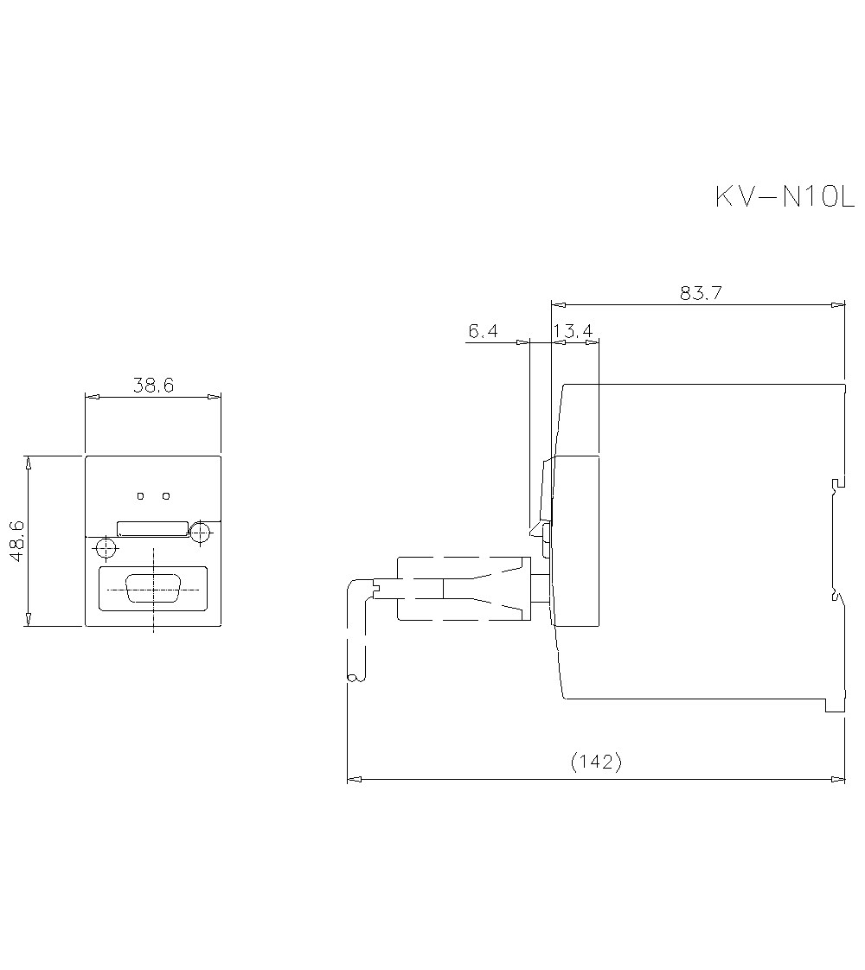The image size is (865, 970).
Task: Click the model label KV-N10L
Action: (785, 197)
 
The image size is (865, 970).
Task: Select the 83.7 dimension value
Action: (701, 293)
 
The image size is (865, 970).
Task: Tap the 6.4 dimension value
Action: (484, 331)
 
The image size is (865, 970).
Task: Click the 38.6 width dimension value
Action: (153, 386)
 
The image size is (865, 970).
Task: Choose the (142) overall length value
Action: (596, 763)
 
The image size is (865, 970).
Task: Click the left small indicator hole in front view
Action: (141, 496)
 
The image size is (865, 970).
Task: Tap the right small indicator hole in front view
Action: (166, 496)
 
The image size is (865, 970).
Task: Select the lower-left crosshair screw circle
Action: (106, 548)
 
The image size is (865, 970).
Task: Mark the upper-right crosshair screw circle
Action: (200, 531)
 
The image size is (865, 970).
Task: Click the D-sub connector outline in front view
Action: (153, 590)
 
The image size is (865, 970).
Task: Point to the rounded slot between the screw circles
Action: (153, 529)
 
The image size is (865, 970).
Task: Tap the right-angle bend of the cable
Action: (355, 589)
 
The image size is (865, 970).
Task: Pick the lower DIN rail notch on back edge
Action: (833, 596)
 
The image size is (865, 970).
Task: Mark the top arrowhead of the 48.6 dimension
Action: (29, 463)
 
